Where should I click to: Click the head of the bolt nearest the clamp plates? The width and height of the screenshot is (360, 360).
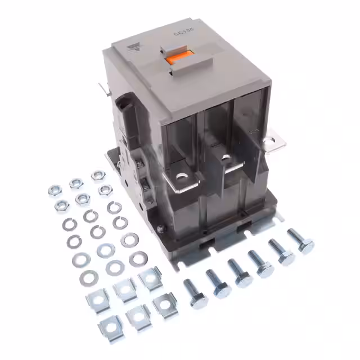click(199, 301)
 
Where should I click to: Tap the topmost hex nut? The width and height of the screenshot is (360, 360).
click(97, 175)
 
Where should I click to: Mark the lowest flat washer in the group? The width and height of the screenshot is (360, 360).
click(89, 277)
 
